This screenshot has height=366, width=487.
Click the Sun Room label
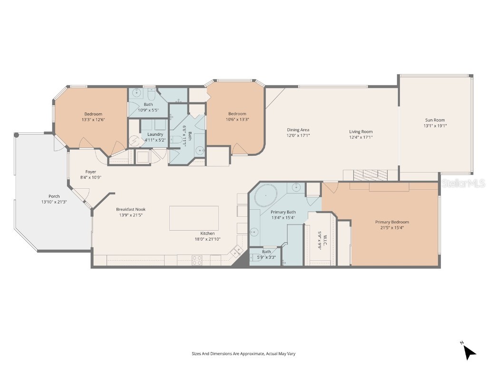coord(435,120)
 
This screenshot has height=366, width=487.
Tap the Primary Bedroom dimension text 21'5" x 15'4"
coord(392,228)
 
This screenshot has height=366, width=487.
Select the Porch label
coord(54,196)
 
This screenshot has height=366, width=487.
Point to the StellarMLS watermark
coord(463,183)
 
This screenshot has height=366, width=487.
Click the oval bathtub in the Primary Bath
coord(263,196)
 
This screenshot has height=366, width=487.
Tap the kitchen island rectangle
coord(194,218)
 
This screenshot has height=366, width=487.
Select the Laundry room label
coord(155,134)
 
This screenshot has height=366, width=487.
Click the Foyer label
coord(91,172)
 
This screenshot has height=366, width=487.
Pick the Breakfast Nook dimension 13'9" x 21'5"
coord(131,215)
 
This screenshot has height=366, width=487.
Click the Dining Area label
coord(298,130)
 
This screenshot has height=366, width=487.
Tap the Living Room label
coord(361,132)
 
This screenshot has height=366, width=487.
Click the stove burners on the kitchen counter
coord(196,260)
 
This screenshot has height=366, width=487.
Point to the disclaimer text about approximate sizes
coord(243,354)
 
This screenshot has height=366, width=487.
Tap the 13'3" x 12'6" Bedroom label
coord(93,114)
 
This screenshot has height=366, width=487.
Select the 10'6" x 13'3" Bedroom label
coord(237,113)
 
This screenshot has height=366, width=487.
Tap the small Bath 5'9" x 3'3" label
coord(266,252)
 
